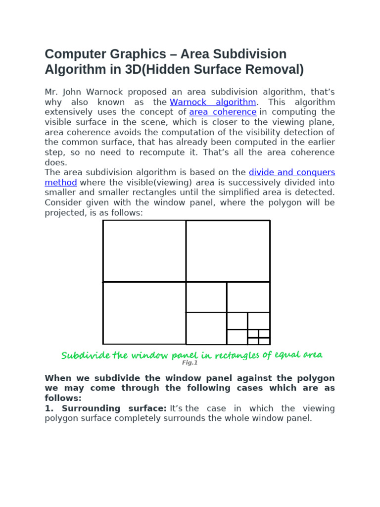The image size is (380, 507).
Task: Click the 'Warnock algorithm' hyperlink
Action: point(213,102)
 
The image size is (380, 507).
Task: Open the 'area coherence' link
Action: point(223,112)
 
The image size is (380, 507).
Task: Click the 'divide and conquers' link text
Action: point(292,172)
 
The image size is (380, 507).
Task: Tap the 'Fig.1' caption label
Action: point(190,363)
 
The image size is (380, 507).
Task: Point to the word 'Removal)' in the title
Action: point(279,69)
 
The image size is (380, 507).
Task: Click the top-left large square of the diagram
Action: point(144,251)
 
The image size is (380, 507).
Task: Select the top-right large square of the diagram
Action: point(228,251)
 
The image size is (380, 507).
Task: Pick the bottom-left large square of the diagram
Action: point(144,313)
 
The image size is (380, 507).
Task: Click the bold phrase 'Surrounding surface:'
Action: point(114,408)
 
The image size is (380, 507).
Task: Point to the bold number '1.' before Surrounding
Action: point(49,408)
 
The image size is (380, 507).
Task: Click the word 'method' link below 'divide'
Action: point(61,182)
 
